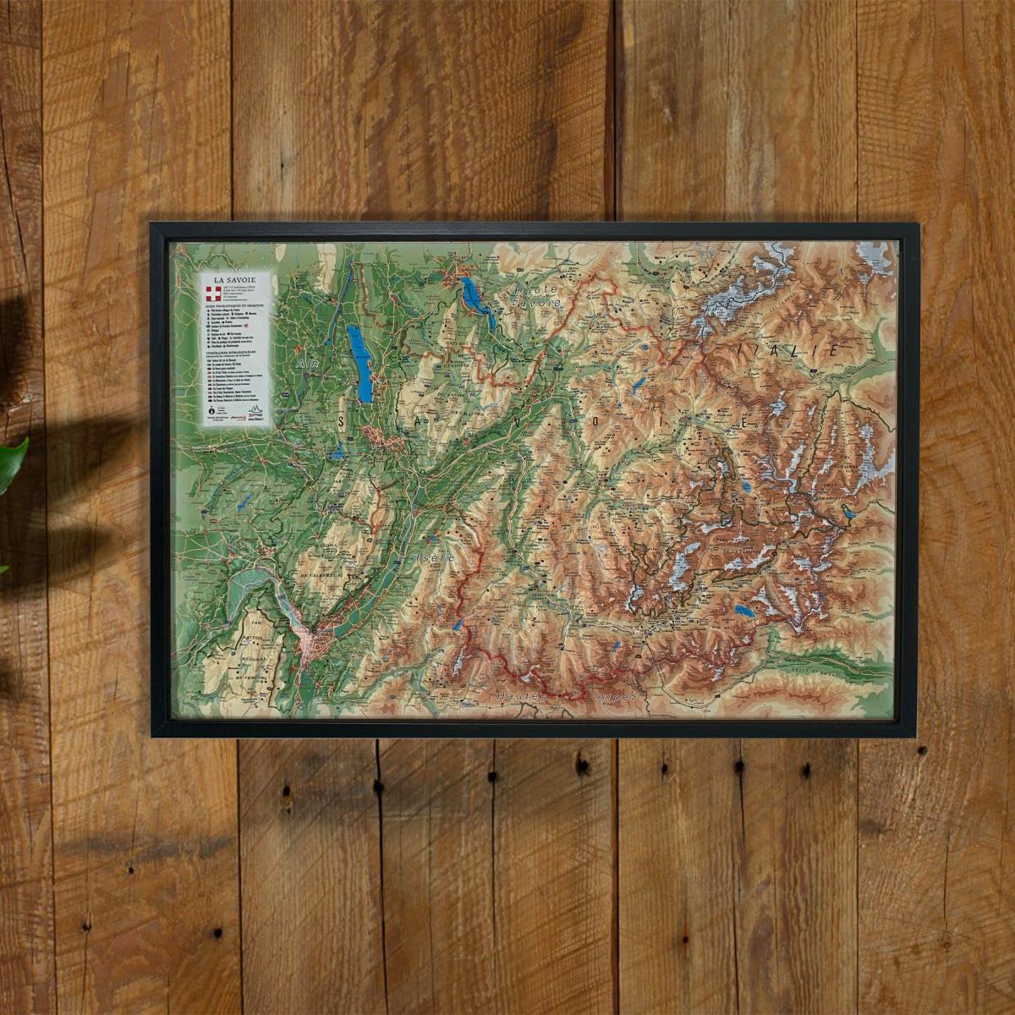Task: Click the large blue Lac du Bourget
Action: tap(361, 363)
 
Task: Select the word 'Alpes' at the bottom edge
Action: tap(608, 695)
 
